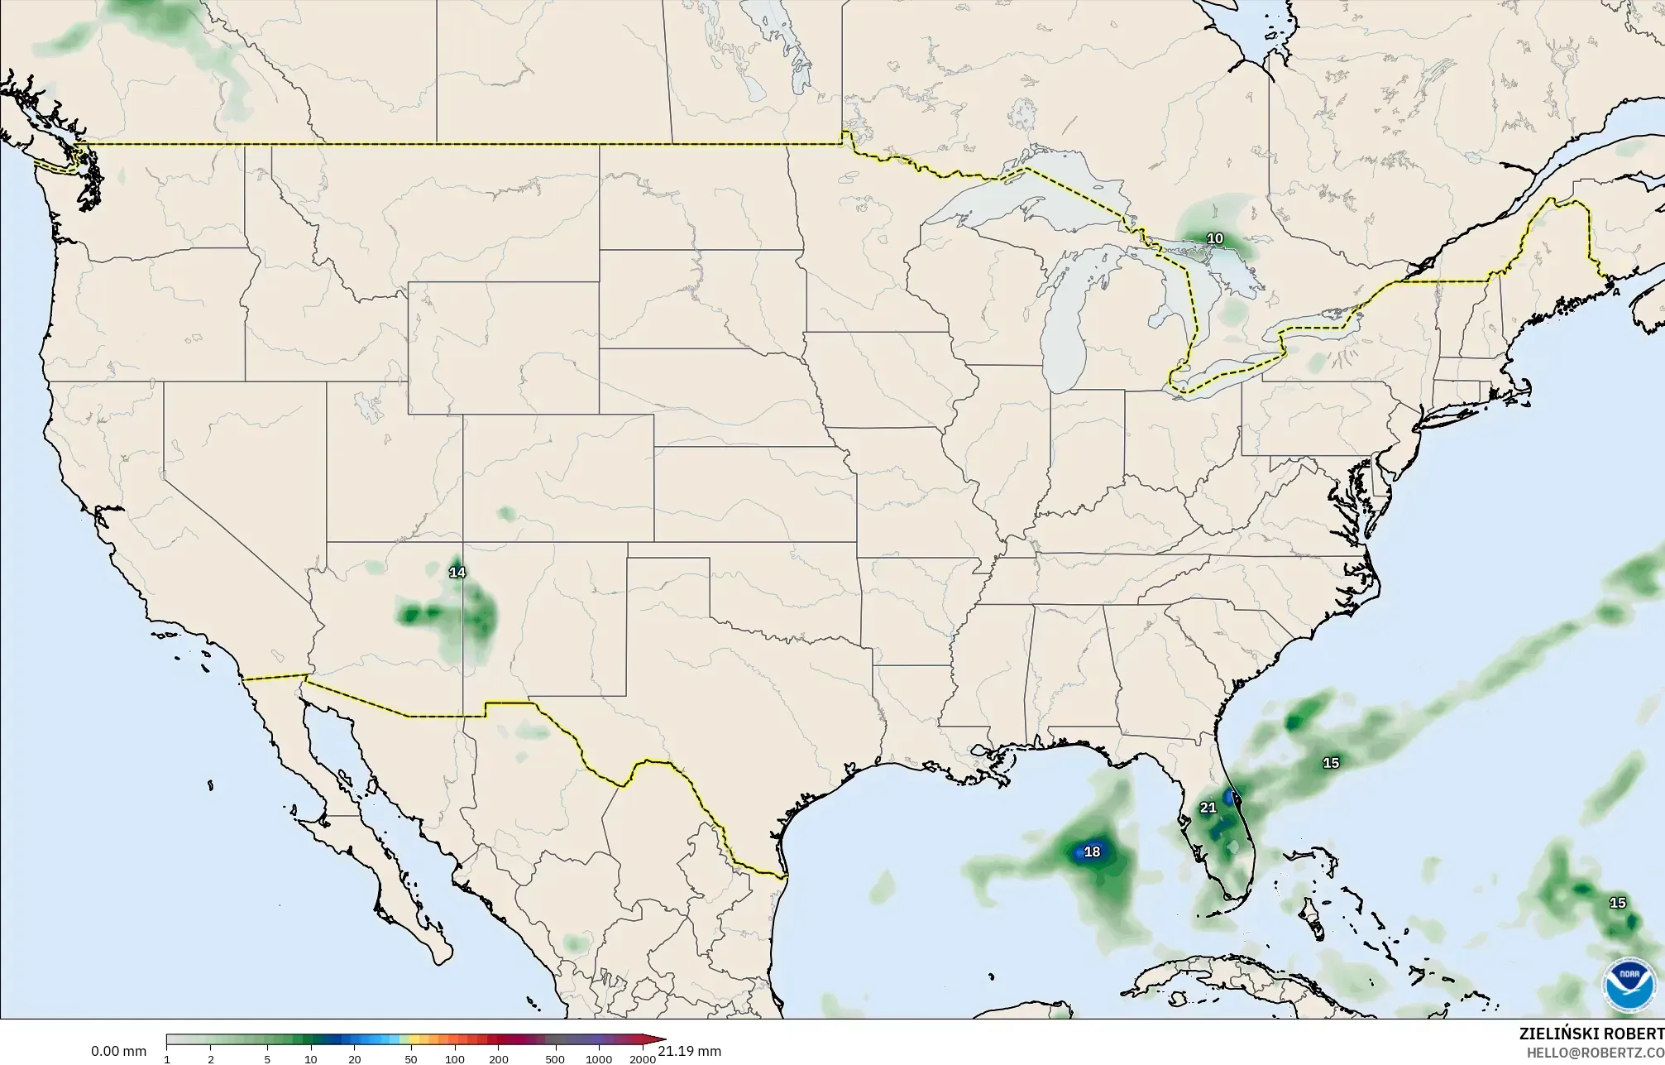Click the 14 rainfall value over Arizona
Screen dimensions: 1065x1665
457,572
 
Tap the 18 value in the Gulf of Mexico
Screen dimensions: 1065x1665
1092,852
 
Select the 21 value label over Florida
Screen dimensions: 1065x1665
1208,808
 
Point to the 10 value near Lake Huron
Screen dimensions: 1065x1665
1214,239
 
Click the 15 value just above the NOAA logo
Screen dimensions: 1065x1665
1617,903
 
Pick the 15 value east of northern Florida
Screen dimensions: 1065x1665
1331,763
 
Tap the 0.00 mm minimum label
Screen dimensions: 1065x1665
118,1051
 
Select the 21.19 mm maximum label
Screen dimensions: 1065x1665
690,1051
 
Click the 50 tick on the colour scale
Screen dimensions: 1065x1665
410,1059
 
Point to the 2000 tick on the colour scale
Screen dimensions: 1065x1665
642,1059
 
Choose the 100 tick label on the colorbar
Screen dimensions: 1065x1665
454,1059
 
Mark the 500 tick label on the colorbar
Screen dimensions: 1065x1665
555,1059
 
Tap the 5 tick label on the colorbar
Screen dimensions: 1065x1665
267,1059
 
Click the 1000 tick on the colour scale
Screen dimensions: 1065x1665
599,1059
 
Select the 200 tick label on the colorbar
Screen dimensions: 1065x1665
498,1059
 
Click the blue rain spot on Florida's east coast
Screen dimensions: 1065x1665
1236,799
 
